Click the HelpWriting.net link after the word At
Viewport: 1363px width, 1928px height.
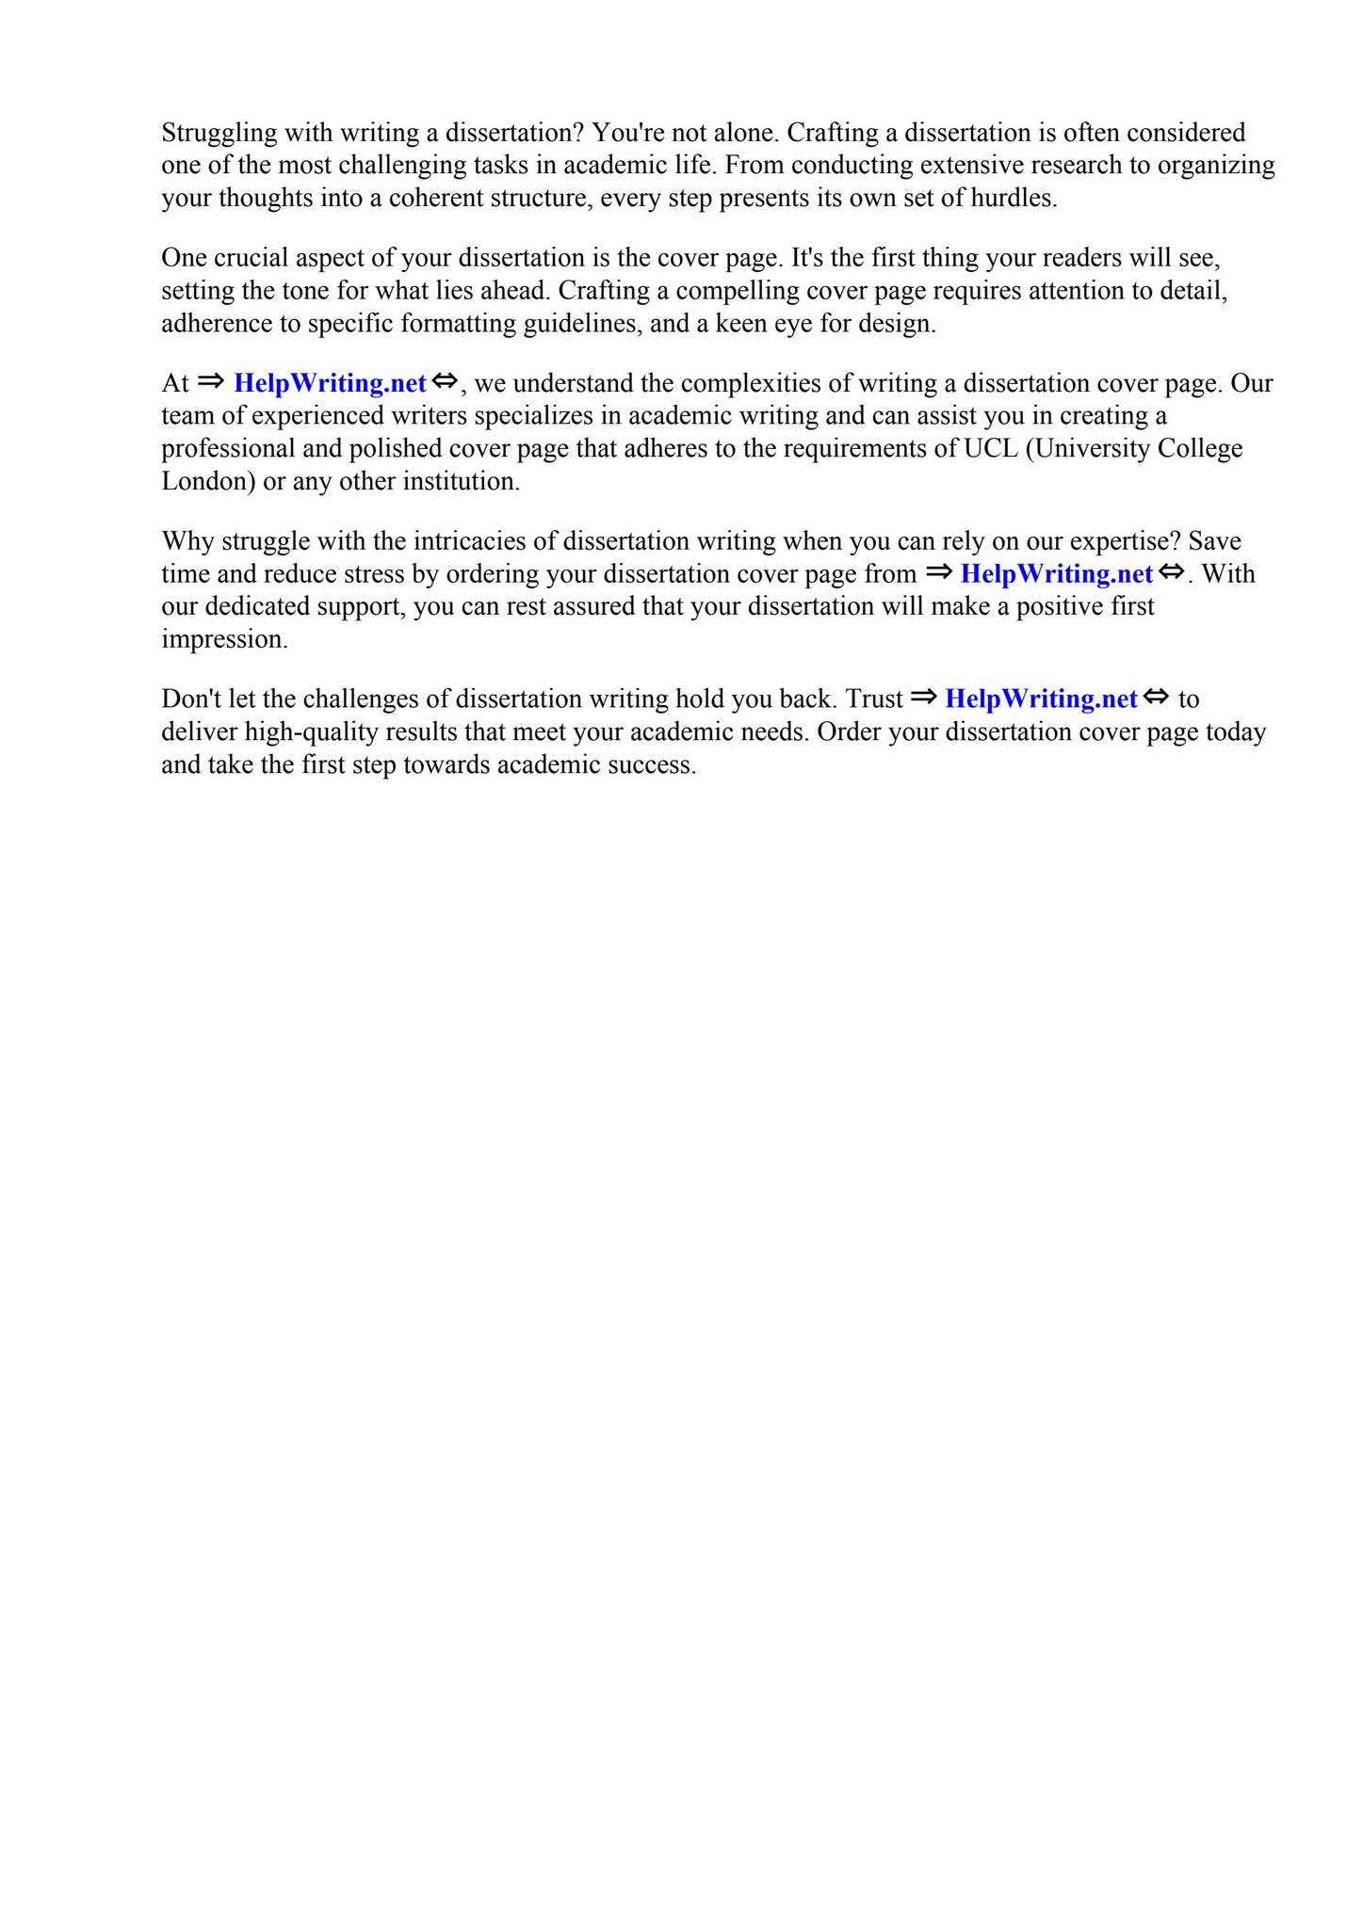click(330, 383)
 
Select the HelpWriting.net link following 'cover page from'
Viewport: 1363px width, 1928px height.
click(1056, 573)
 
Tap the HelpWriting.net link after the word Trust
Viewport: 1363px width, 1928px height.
click(1041, 699)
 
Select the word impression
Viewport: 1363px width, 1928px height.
click(224, 639)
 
